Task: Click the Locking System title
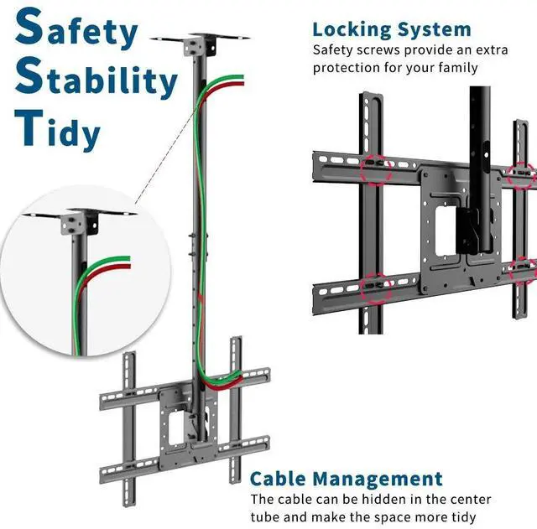coord(392,30)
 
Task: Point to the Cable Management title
coord(347,480)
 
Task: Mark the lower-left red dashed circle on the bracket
coord(373,289)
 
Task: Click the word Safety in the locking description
coord(333,49)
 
